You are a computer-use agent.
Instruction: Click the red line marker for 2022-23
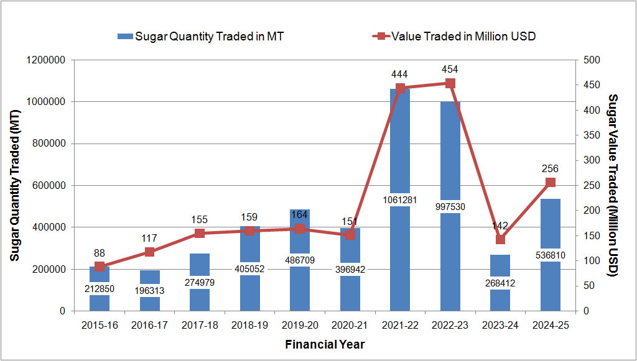(450, 83)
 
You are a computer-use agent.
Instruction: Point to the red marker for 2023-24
(500, 239)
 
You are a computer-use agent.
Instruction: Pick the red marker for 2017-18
(200, 233)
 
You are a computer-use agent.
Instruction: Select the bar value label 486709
(300, 261)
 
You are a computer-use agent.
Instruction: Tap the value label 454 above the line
(450, 69)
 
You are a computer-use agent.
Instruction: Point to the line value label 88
(99, 252)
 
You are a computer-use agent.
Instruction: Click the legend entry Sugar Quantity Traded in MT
(201, 36)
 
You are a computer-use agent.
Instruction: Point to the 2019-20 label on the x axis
(300, 325)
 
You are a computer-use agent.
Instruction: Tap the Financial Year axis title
(324, 344)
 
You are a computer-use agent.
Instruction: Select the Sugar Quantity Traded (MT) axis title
(14, 185)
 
